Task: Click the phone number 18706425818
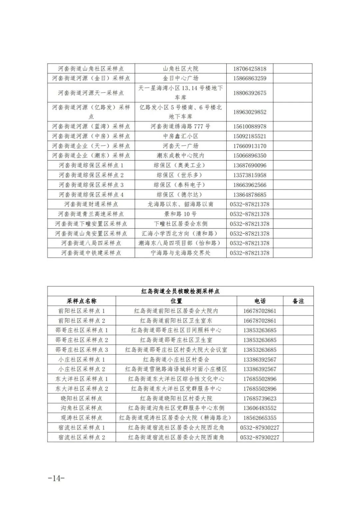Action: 250,69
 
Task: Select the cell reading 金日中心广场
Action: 180,78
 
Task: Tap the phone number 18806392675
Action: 250,93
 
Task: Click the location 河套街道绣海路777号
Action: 180,126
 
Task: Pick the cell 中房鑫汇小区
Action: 180,136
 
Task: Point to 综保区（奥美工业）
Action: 180,165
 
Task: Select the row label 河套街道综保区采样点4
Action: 91,195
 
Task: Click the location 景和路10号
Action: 180,214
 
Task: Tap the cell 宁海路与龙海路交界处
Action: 180,253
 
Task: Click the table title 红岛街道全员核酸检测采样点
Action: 180,291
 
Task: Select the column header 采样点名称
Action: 81,301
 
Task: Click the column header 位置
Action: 176,301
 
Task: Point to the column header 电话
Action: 260,301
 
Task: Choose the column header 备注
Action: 298,301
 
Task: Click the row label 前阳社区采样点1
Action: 81,311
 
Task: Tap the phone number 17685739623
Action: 260,398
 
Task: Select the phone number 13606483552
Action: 260,408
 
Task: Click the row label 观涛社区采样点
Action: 81,418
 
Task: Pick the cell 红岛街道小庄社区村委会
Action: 176,360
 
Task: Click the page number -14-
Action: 56,478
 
